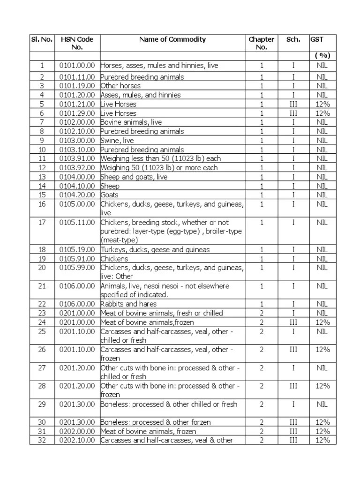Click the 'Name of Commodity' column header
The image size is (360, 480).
tap(172, 39)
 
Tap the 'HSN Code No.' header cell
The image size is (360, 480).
tap(77, 43)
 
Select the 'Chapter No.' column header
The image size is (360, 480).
tap(261, 43)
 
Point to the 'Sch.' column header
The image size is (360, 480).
tap(293, 39)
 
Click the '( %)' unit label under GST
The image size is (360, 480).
tap(322, 56)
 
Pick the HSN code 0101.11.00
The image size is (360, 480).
tap(77, 77)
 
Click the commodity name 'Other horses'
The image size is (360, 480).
tap(120, 86)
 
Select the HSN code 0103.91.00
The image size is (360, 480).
tap(77, 158)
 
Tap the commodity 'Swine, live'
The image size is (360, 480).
tap(117, 140)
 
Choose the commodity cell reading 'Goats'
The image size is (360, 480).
tap(110, 195)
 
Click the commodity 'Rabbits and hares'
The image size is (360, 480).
tap(129, 304)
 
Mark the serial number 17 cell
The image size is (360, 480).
tap(42, 222)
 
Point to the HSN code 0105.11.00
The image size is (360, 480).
tap(77, 222)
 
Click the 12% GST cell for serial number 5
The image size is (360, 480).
tap(322, 104)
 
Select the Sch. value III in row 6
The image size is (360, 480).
tap(293, 113)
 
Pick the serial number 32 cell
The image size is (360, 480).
tap(42, 440)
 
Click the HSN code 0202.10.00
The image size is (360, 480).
tap(77, 440)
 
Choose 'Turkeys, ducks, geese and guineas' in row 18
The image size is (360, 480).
tap(155, 249)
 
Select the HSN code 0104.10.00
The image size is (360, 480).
tap(77, 186)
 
